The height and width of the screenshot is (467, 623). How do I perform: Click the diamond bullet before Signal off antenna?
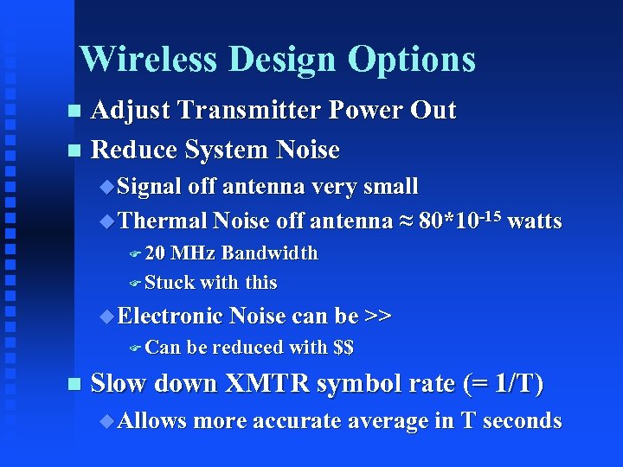tap(106, 186)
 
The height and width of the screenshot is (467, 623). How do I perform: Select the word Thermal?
tap(162, 221)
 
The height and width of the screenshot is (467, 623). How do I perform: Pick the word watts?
tap(535, 221)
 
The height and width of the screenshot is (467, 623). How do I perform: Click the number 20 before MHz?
tap(156, 253)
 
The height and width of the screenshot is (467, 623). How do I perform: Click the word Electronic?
tap(171, 317)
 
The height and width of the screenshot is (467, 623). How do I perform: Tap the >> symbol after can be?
tap(378, 317)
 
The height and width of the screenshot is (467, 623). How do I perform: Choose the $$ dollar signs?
tap(343, 348)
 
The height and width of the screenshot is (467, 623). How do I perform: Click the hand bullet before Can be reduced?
tap(134, 348)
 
